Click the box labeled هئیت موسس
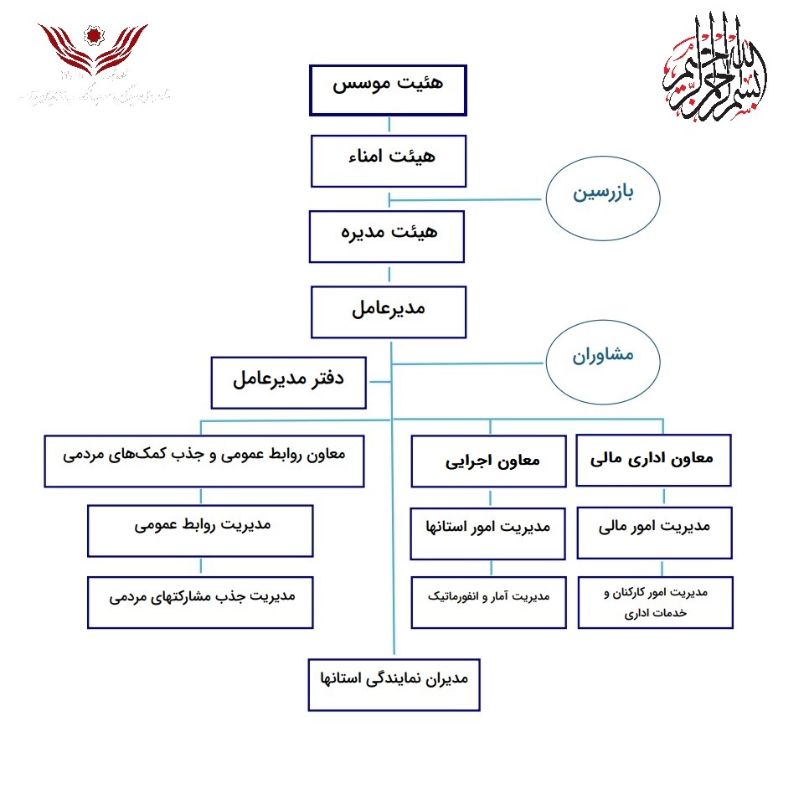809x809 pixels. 388,89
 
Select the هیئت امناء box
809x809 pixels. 388,161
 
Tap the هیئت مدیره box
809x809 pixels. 387,236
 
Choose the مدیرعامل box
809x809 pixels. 388,312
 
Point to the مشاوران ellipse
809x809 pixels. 603,359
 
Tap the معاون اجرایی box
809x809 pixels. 488,460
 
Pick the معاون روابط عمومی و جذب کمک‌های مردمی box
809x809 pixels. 204,460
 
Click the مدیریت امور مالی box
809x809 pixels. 655,531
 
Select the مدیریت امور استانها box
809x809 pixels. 488,531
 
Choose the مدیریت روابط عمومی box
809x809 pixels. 200,530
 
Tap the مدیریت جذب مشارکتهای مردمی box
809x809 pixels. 200,601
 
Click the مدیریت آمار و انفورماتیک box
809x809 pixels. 488,601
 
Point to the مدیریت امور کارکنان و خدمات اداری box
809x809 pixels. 655,601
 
